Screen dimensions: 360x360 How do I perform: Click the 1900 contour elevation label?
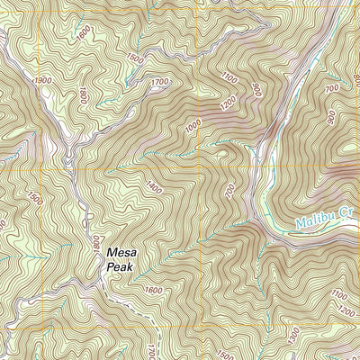click(42, 81)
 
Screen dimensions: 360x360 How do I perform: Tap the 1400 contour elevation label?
click(153, 188)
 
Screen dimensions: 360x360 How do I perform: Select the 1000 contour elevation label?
click(191, 127)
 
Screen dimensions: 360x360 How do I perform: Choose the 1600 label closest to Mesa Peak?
click(152, 290)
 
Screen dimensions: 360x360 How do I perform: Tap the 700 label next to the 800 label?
click(332, 88)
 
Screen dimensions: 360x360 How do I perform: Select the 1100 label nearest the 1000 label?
click(229, 79)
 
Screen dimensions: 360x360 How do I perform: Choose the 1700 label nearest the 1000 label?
click(160, 84)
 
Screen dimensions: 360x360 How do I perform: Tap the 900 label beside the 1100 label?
click(255, 91)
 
